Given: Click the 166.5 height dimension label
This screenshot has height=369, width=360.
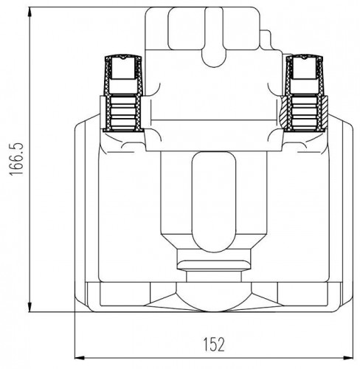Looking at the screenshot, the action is point(16,159).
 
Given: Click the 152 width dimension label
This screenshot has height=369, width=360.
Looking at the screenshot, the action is point(214,344).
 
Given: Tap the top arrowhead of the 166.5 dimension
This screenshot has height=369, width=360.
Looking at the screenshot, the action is point(30,12).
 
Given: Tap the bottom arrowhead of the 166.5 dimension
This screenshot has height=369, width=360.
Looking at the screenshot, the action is point(30,307).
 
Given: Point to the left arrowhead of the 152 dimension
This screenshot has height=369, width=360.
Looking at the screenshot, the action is point(80,357).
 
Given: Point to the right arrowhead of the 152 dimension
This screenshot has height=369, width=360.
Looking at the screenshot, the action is point(348,357).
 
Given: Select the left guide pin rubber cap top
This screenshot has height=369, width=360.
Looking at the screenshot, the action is point(123,58).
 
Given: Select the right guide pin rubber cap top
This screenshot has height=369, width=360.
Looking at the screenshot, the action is point(305,58).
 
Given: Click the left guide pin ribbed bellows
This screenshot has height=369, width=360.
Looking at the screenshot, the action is point(123,113).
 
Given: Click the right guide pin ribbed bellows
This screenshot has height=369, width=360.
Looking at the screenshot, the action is point(305,113).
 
